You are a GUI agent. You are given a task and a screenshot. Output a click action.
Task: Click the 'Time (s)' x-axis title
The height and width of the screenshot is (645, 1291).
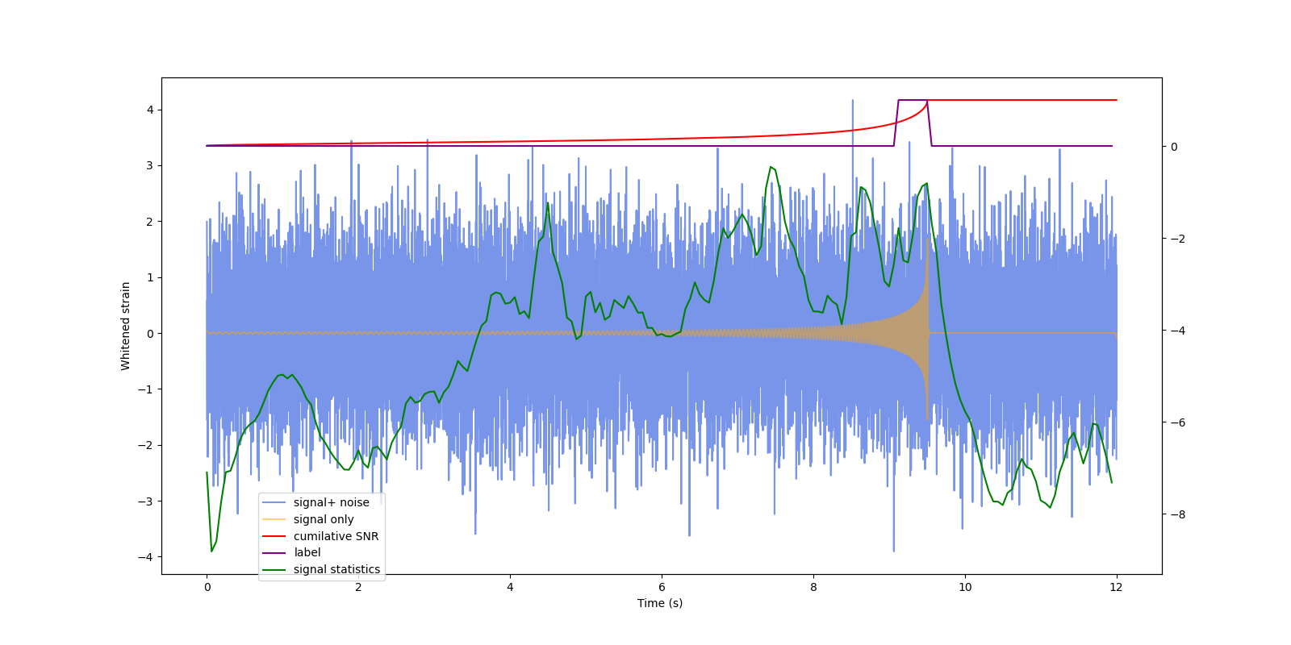(x=660, y=603)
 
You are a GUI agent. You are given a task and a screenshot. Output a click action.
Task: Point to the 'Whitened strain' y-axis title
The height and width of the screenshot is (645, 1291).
(x=126, y=326)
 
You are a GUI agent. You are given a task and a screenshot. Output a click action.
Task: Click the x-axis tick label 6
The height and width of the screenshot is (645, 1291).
(x=662, y=587)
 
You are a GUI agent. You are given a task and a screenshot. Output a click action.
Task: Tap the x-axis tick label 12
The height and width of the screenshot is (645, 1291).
(x=1117, y=587)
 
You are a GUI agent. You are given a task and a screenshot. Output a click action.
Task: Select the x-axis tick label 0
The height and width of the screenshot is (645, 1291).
(x=207, y=587)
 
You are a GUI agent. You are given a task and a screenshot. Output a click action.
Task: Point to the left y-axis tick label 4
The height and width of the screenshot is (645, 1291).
(x=150, y=110)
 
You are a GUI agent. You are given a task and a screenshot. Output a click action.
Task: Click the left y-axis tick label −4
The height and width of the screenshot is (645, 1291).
(x=147, y=557)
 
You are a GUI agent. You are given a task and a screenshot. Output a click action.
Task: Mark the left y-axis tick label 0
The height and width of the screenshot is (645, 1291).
(x=150, y=333)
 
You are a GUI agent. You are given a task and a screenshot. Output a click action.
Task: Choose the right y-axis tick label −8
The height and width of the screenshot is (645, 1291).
(x=1176, y=514)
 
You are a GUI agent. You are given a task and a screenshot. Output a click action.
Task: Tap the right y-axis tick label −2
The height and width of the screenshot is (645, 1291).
(x=1176, y=239)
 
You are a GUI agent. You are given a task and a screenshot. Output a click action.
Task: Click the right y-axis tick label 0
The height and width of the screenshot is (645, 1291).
(x=1174, y=147)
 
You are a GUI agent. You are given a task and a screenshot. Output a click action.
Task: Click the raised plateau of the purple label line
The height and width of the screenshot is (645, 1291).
(x=913, y=100)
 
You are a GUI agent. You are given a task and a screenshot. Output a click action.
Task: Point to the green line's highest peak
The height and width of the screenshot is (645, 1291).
(x=771, y=167)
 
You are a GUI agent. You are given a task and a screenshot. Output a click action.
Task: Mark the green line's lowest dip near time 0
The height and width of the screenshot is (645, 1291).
(x=211, y=551)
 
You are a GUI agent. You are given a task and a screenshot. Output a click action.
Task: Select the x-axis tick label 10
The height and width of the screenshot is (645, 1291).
(x=965, y=587)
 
